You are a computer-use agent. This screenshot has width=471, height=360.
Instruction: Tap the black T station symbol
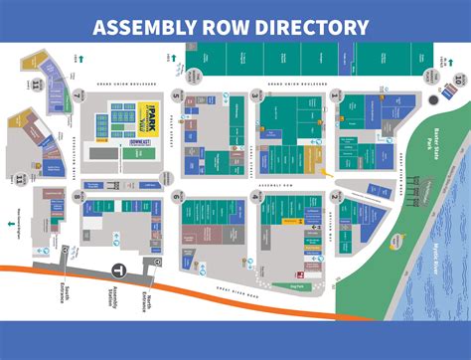tap(117, 270)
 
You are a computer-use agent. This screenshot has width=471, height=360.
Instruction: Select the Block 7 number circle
tap(78, 96)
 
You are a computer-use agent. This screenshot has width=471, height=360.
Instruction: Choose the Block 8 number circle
tap(78, 198)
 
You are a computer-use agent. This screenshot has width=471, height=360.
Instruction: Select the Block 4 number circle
tap(255, 198)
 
